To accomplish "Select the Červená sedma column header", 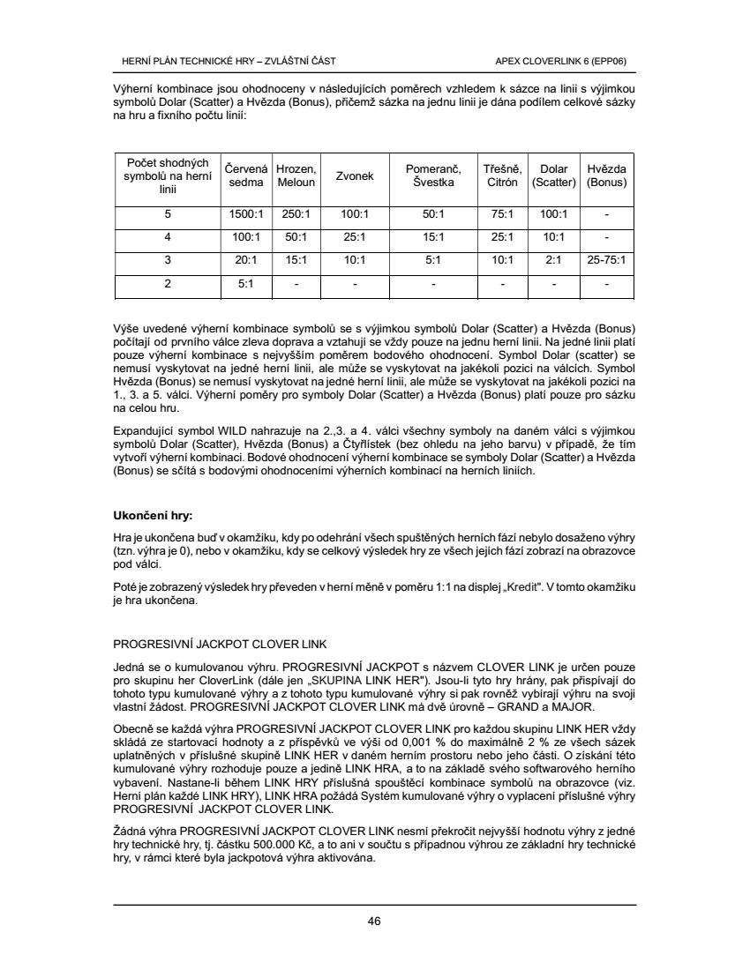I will coord(246,175).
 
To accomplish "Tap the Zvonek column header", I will coord(355,175).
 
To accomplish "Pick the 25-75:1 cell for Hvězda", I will coord(606,261).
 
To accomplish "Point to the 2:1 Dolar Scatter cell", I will coord(553,261).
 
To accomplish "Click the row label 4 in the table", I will coord(167,237).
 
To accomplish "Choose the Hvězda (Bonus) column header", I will coord(606,175).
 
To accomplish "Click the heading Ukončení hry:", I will coord(154,514).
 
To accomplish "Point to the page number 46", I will coord(374,921).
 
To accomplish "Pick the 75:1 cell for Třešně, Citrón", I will coord(501,214).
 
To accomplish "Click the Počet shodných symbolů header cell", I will coord(167,175).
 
